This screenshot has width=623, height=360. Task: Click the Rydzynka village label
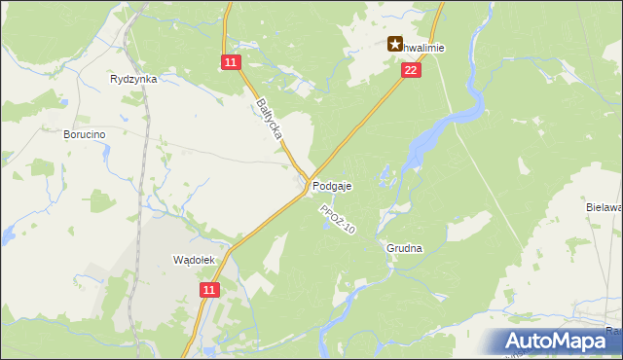134,80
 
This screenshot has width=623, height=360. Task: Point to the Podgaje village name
333,186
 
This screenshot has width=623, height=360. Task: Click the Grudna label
404,248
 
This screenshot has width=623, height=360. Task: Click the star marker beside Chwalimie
395,43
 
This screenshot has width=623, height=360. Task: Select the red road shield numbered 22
411,70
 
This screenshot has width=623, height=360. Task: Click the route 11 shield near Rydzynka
229,62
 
